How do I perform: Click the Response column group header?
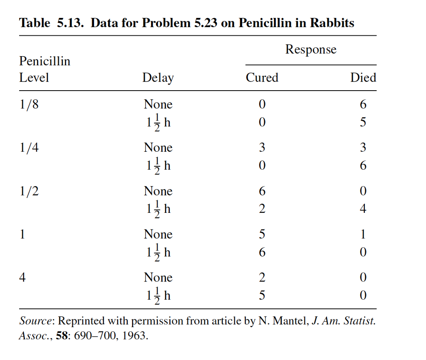pyautogui.click(x=311, y=50)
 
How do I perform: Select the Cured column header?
pyautogui.click(x=262, y=78)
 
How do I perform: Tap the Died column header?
pyautogui.click(x=363, y=78)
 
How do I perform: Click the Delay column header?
pyautogui.click(x=158, y=78)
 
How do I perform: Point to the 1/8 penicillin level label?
pyautogui.click(x=29, y=105)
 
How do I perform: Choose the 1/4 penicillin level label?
pyautogui.click(x=29, y=148)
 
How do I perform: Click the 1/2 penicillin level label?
pyautogui.click(x=29, y=191)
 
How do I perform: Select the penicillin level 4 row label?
pyautogui.click(x=23, y=278)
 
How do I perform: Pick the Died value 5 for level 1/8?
pyautogui.click(x=363, y=123)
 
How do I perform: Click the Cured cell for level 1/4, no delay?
pyautogui.click(x=262, y=148)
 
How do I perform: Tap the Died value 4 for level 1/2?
pyautogui.click(x=363, y=209)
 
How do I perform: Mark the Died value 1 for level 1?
pyautogui.click(x=363, y=234)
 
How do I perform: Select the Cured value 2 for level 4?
pyautogui.click(x=262, y=278)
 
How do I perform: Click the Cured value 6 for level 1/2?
pyautogui.click(x=262, y=191)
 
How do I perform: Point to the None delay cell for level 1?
pyautogui.click(x=158, y=234)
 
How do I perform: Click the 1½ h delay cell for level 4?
pyautogui.click(x=158, y=296)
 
